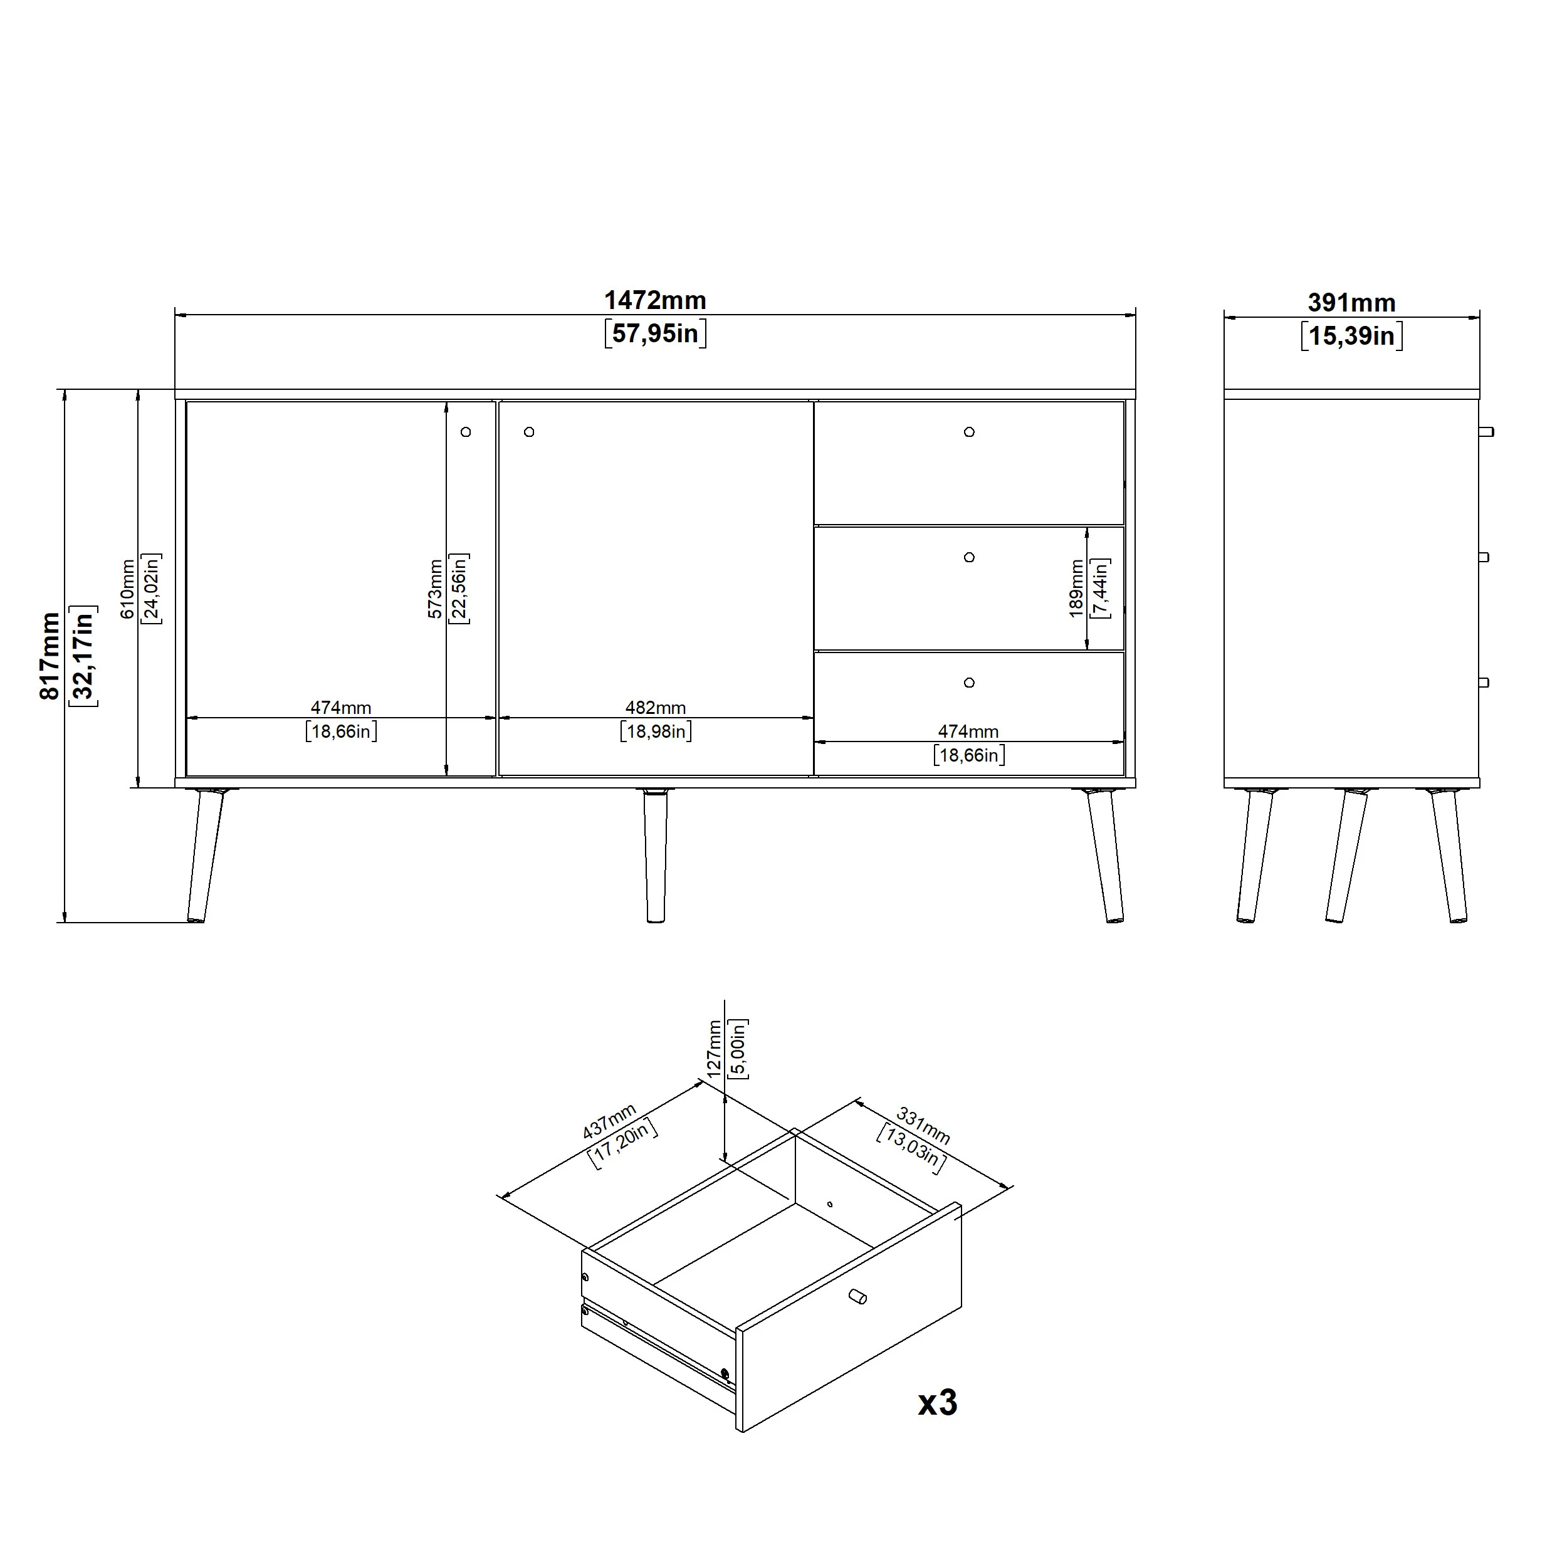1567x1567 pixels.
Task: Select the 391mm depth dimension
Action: coord(1351,303)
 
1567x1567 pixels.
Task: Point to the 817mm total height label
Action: coord(50,656)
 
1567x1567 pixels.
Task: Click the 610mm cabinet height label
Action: coord(128,589)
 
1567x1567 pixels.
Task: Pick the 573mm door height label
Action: coord(436,589)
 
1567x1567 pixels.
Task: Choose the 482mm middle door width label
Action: coord(656,708)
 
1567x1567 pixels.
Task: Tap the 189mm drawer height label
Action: coord(1076,589)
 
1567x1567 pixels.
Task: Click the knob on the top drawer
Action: coord(969,432)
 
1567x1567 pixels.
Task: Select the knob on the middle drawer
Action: coord(969,557)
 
